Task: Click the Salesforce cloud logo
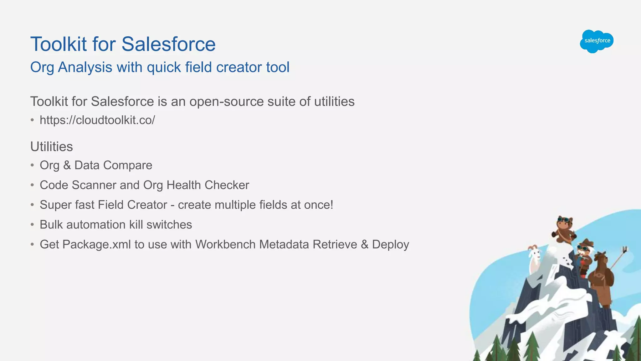point(597,41)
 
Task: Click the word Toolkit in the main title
point(58,44)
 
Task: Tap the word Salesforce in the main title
point(168,44)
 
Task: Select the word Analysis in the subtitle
point(85,67)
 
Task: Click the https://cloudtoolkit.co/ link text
point(97,120)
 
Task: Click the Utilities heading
point(52,147)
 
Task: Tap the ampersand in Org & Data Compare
point(67,165)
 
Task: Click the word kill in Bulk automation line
point(136,225)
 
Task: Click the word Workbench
point(225,244)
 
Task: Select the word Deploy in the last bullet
point(390,244)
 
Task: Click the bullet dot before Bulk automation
point(32,225)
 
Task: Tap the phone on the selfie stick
point(625,249)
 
